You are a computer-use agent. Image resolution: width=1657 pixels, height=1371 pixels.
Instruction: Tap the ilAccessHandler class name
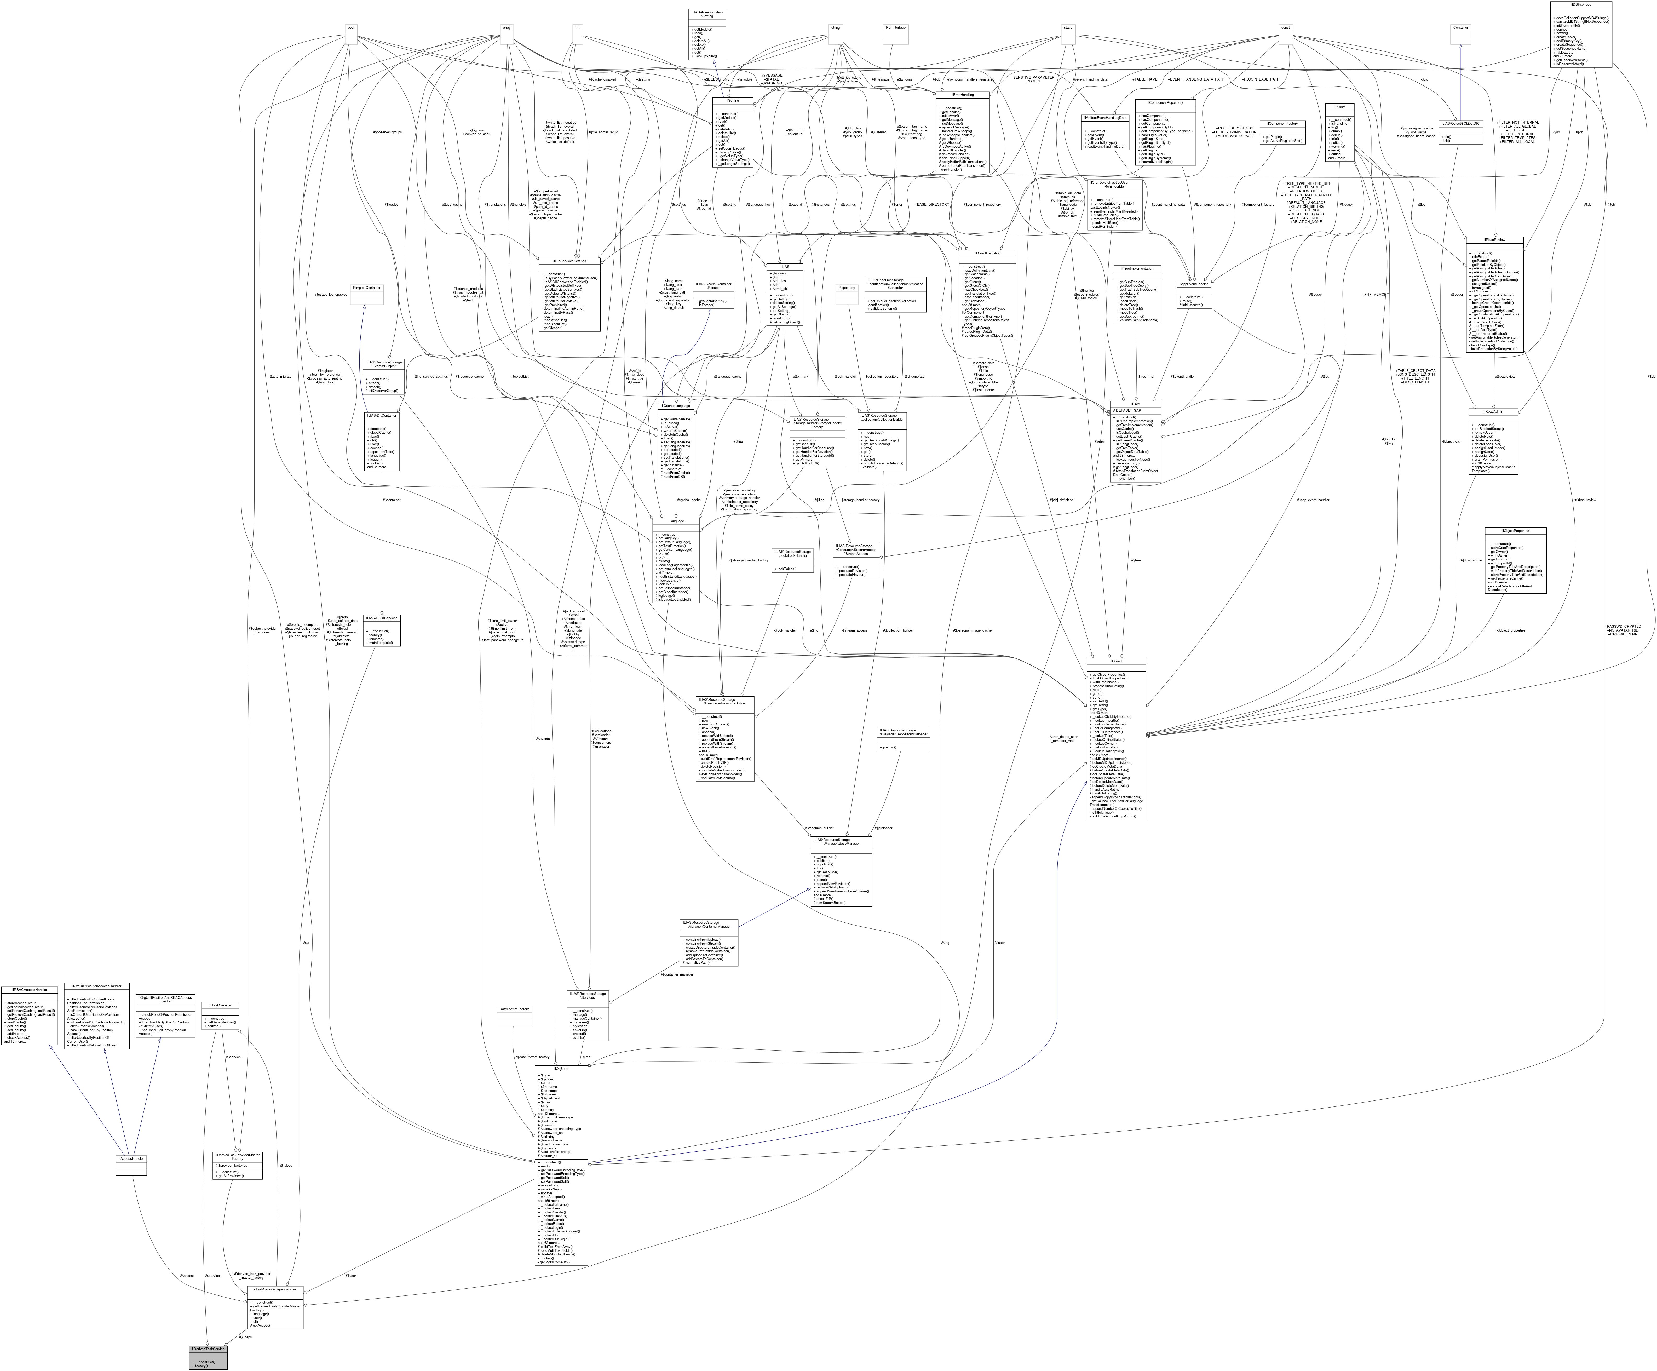[x=131, y=1159]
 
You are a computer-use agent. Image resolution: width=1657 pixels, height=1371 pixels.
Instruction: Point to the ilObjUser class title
[x=561, y=1069]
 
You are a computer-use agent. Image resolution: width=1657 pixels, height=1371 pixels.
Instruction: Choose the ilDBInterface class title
[x=1580, y=5]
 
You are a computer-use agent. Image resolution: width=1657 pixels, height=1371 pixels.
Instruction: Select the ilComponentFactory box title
[x=1282, y=123]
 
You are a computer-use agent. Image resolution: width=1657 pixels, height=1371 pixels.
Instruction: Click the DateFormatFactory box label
[x=514, y=1009]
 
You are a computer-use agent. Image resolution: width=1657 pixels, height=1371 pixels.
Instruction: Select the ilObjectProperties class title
[x=1515, y=530]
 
